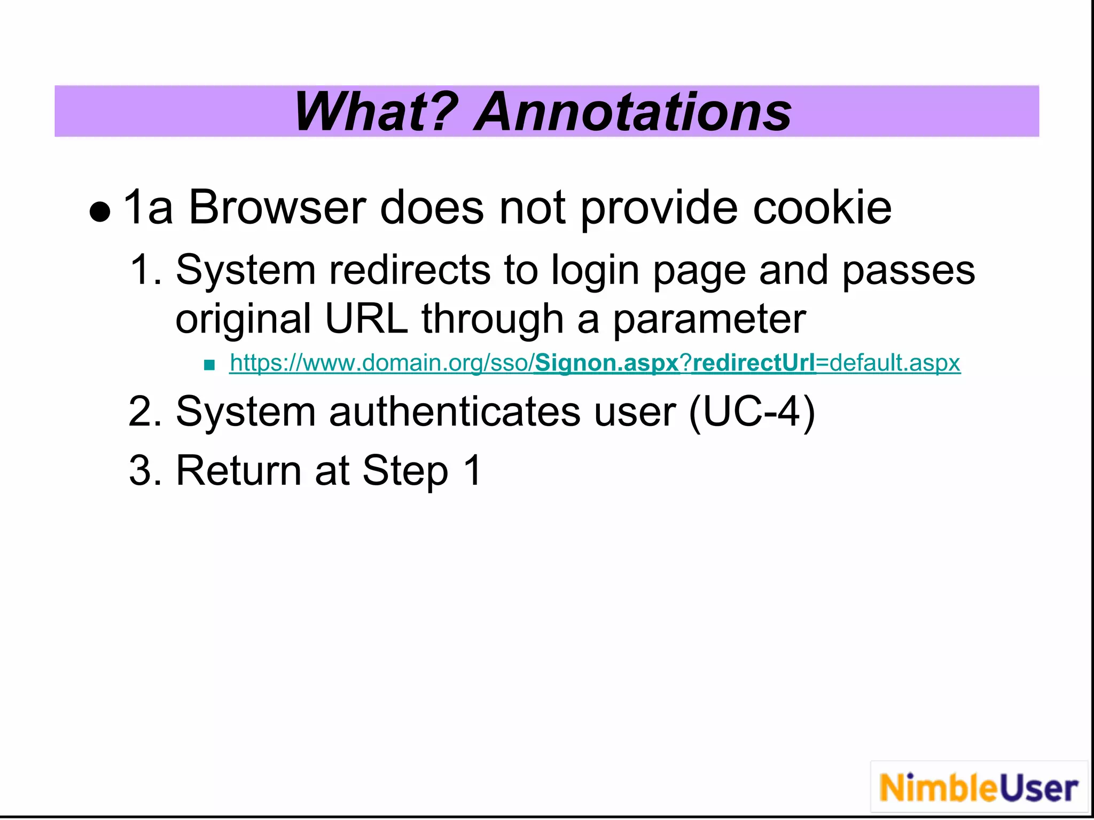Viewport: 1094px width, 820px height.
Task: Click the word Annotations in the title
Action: pos(632,112)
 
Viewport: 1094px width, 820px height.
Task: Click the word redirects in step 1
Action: pos(409,270)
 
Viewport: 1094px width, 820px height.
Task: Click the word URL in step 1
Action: pos(366,319)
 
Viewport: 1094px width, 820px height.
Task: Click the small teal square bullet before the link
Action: pos(209,365)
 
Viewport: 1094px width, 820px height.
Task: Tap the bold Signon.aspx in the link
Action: pos(606,363)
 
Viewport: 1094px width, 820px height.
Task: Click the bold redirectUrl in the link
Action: pos(754,363)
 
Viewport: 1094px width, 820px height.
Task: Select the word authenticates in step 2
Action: pos(455,412)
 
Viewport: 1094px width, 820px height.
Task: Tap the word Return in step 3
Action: pos(238,470)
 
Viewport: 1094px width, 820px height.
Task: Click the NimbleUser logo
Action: pos(979,788)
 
